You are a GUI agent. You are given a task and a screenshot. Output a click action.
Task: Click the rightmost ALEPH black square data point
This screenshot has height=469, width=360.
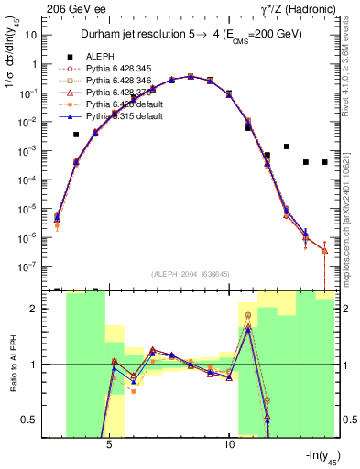click(325, 162)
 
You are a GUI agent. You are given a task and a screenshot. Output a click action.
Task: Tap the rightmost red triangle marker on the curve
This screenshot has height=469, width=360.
click(325, 250)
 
